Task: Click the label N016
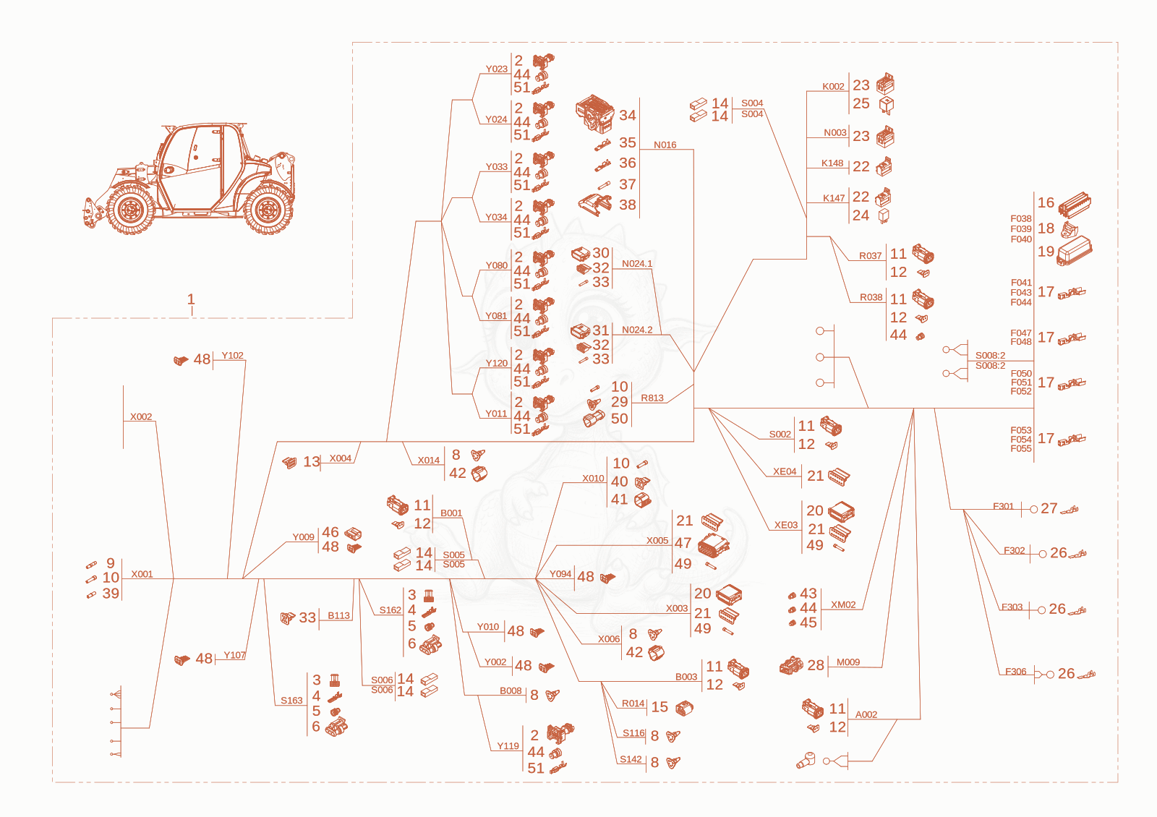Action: click(665, 145)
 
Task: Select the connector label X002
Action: click(141, 416)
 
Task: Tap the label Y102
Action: click(232, 355)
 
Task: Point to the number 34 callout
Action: click(628, 115)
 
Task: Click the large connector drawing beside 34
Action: click(594, 114)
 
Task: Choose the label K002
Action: click(833, 87)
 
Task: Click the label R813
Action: click(652, 398)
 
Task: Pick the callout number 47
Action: click(683, 543)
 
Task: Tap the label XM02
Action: click(843, 604)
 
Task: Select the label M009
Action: click(848, 662)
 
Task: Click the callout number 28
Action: click(816, 665)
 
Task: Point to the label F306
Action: click(1015, 672)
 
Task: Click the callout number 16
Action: click(1046, 202)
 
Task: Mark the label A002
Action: click(866, 715)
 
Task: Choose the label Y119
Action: click(508, 746)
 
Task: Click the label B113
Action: click(339, 615)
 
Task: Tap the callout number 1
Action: click(191, 299)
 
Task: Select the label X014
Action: click(429, 460)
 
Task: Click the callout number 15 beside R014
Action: click(659, 707)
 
